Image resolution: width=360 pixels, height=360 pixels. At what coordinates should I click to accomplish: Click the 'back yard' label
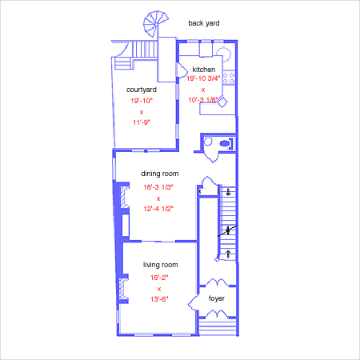[204, 23]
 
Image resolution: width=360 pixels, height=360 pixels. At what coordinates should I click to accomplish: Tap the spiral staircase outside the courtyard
[155, 23]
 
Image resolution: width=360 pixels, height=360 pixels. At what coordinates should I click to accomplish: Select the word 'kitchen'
[204, 70]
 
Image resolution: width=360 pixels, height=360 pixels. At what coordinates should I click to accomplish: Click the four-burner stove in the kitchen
[229, 78]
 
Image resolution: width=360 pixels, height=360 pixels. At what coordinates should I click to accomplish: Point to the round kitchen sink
[223, 54]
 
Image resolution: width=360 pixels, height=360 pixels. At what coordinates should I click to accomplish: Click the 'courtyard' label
[142, 90]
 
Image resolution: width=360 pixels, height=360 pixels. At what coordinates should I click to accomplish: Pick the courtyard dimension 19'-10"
[142, 101]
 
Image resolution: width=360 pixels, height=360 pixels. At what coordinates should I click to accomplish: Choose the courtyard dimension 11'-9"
[142, 122]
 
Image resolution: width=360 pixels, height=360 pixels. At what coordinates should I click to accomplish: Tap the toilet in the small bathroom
[225, 144]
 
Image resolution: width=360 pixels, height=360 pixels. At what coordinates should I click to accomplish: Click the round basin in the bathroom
[208, 142]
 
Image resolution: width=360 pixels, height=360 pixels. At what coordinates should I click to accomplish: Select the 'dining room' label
[160, 174]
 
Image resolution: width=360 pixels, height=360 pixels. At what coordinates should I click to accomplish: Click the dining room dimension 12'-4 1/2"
[158, 209]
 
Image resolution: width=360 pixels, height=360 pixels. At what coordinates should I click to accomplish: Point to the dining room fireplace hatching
[124, 197]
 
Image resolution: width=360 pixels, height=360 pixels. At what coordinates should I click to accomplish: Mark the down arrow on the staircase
[228, 192]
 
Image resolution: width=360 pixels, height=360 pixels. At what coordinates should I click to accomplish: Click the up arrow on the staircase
[228, 254]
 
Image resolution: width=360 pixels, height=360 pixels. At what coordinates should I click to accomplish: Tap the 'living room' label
[161, 265]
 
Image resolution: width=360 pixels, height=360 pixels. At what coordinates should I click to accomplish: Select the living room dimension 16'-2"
[159, 278]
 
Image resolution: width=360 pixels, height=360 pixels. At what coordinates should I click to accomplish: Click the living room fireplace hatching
[122, 289]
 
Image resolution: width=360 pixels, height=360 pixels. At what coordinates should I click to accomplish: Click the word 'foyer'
[217, 298]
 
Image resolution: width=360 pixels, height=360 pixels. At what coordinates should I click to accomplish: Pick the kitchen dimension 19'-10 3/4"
[203, 78]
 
